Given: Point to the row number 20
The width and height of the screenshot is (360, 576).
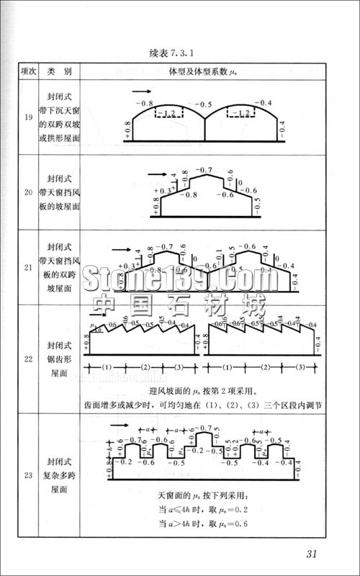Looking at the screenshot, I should (x=27, y=192).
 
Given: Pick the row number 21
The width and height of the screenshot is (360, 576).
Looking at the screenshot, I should (x=27, y=267).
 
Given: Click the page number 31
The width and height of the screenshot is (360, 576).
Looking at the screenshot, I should (x=312, y=553).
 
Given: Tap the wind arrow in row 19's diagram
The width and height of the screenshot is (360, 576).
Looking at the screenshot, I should (x=143, y=91).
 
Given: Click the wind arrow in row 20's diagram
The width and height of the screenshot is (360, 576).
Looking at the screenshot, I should (x=158, y=174).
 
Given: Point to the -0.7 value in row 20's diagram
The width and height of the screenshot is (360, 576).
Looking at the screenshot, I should (x=204, y=170).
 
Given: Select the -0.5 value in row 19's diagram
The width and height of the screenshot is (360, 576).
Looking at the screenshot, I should (x=204, y=104).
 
